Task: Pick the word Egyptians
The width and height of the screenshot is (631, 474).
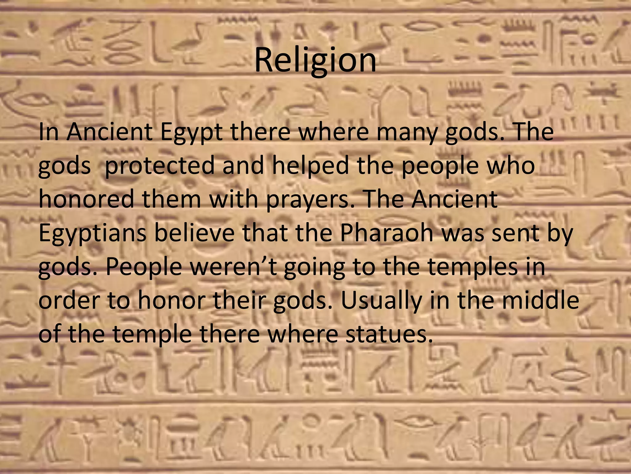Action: (92, 234)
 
